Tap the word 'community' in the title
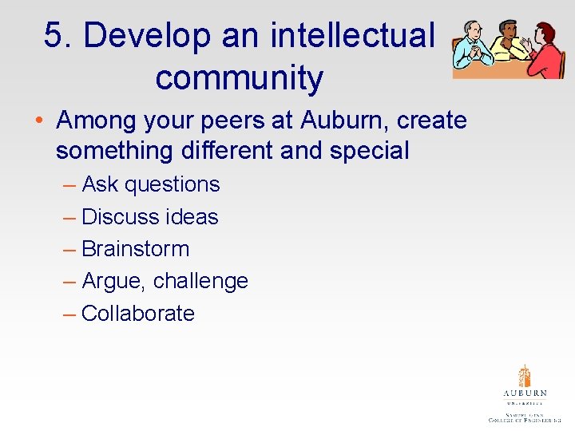(239, 78)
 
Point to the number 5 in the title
(53, 36)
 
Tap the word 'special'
(370, 150)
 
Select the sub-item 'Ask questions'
(151, 184)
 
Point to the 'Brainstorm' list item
(135, 249)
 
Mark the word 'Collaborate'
(137, 314)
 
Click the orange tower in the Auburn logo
(524, 376)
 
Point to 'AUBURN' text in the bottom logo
(525, 393)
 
